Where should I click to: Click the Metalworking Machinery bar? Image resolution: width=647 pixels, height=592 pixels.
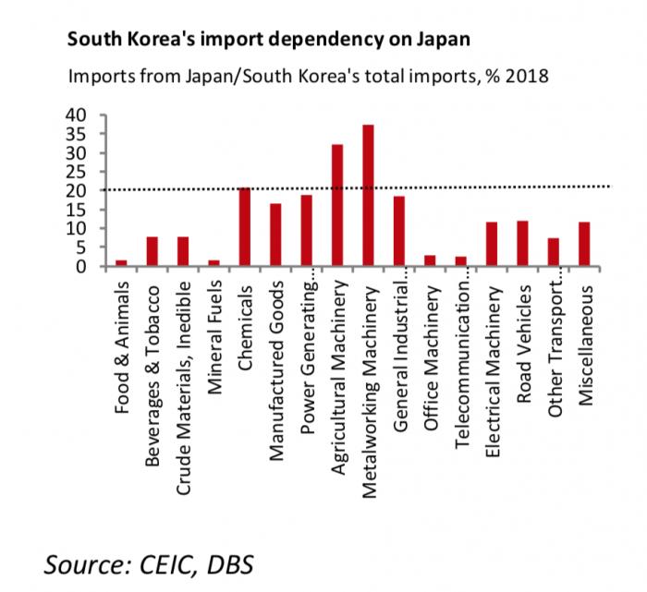click(368, 196)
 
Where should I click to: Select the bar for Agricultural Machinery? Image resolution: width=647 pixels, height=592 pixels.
click(337, 206)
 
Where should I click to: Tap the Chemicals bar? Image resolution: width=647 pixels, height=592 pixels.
click(245, 227)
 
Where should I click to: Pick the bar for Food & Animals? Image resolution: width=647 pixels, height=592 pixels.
click(121, 263)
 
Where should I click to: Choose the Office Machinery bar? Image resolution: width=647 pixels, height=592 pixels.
click(430, 261)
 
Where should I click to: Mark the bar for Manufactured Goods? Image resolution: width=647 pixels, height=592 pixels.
click(275, 235)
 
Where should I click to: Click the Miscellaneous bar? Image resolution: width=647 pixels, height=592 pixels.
click(584, 244)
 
